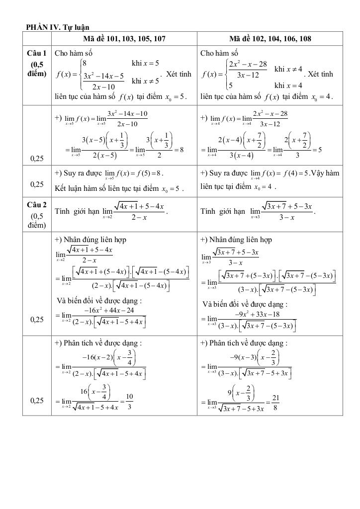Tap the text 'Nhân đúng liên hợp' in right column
pos(242,240)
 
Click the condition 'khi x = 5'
pos(145,63)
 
